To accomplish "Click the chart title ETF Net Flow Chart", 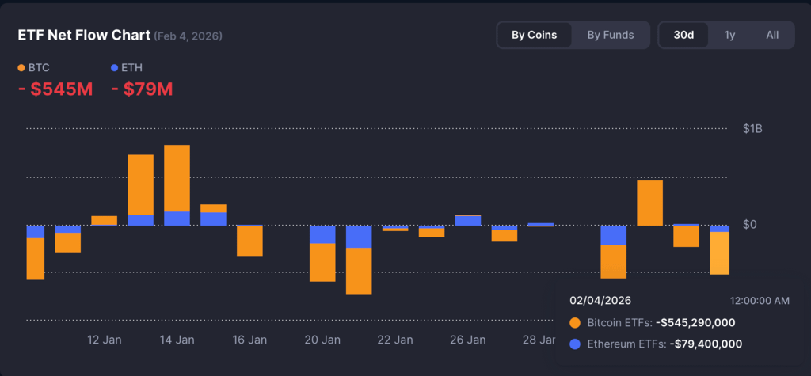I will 83,36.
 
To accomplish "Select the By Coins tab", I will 534,35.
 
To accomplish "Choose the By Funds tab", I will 610,35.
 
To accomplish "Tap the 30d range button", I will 684,35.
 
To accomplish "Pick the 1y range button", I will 729,35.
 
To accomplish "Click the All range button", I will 772,35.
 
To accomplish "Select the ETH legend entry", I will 127,68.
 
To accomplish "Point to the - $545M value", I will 55,89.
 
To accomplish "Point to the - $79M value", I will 142,89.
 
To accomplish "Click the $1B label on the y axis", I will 752,128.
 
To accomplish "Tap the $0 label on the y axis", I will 750,225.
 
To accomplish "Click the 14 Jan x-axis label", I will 177,340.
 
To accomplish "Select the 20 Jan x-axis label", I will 322,340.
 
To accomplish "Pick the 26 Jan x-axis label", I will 468,340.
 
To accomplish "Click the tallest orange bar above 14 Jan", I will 177,178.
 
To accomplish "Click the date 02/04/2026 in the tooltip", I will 600,301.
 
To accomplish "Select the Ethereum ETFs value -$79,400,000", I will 706,344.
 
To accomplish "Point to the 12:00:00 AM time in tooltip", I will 759,301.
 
